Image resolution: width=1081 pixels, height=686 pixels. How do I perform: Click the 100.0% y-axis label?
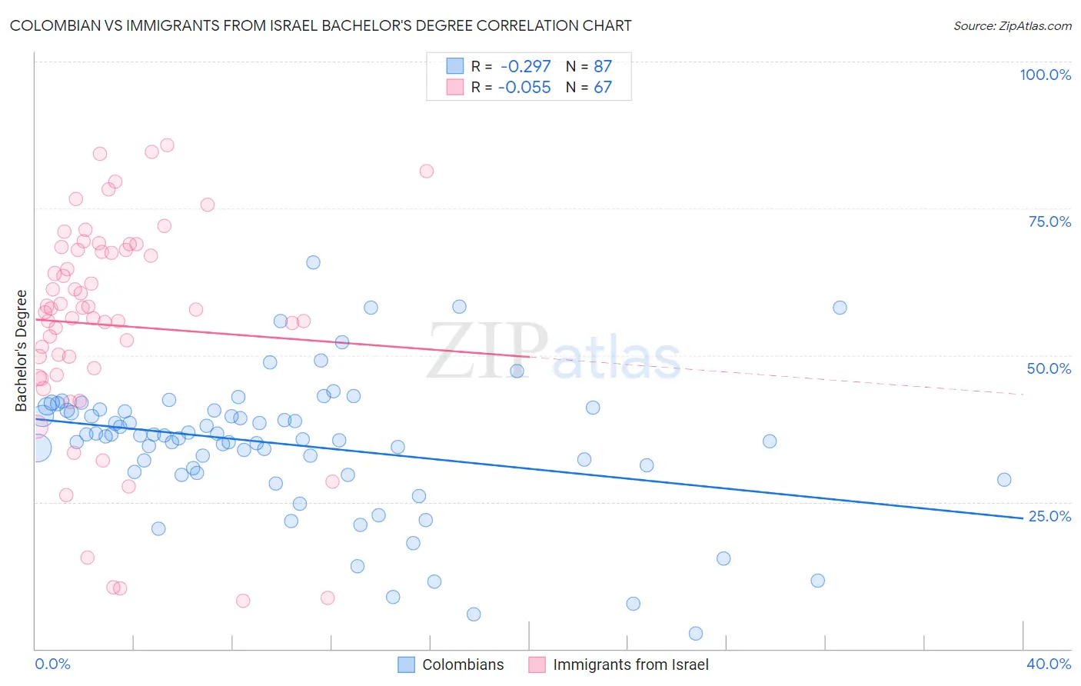coord(1045,75)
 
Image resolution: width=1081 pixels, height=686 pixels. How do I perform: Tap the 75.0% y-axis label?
coord(1049,221)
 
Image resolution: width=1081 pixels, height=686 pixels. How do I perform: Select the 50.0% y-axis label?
coord(1049,368)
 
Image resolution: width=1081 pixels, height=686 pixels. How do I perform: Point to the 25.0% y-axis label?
coord(1049,516)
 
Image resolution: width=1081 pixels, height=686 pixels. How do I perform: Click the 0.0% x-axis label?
coord(52,664)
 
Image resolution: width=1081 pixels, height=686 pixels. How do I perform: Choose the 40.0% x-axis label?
coord(1049,664)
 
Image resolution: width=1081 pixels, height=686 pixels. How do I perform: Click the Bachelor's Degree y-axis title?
coord(22,351)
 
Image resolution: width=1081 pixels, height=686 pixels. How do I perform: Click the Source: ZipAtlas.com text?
coord(1012,26)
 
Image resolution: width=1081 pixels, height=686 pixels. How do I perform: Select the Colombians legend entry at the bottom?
coord(463,664)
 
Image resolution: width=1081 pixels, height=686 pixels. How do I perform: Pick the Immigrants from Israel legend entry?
coord(630,664)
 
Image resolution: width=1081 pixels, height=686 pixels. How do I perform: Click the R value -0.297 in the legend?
coord(525,66)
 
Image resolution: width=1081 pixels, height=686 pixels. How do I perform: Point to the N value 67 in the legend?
coord(603,88)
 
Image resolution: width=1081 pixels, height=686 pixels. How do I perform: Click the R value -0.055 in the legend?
coord(524,88)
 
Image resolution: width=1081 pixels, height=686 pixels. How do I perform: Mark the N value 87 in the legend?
coord(603,66)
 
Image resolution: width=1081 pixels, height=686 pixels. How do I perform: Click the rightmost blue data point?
coord(1004,480)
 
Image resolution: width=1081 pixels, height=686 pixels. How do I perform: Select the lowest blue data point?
coord(696,634)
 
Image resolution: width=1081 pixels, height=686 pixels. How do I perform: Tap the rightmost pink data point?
coord(427,171)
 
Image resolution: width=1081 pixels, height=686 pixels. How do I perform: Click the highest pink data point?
coord(167,145)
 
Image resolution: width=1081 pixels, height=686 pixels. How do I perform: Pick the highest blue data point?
coord(313,262)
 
